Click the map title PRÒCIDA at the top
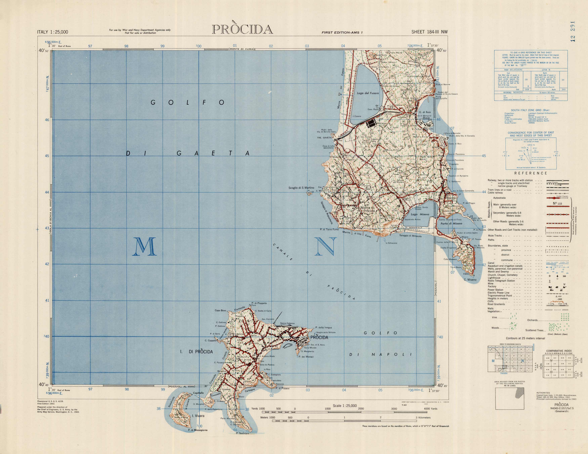point(242,30)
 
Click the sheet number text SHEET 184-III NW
point(429,32)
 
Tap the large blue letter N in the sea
point(326,246)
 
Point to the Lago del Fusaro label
point(368,93)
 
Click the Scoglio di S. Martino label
point(301,188)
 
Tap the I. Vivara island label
point(198,416)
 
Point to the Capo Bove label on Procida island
point(220,310)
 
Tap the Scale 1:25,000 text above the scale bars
point(345,406)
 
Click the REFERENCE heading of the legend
point(531,173)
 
